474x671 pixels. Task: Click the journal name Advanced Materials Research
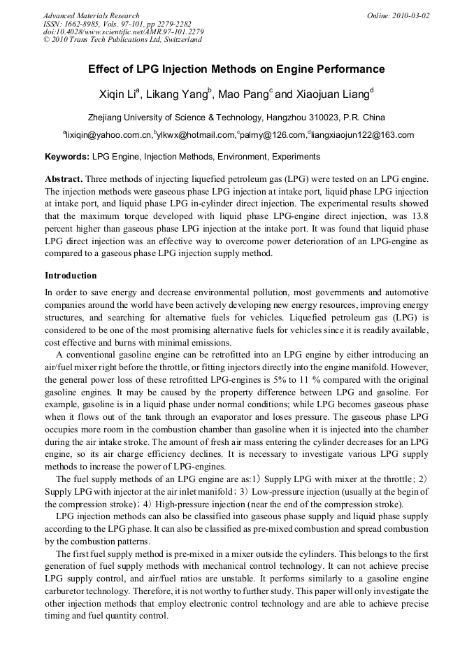91,15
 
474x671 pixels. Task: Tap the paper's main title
236,69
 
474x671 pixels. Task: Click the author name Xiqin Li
119,94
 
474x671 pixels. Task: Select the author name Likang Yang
178,94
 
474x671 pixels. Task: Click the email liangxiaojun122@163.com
363,135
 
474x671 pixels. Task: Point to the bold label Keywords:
67,157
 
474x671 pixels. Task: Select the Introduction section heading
71,276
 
